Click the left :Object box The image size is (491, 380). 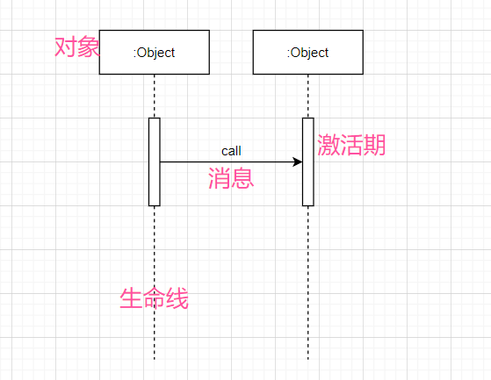click(155, 53)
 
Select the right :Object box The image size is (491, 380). click(308, 53)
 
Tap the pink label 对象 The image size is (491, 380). click(77, 47)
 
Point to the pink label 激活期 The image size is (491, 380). click(351, 145)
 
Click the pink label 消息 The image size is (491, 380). click(231, 178)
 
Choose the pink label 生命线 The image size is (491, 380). click(154, 298)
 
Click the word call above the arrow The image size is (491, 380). click(231, 151)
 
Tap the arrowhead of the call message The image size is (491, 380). click(298, 162)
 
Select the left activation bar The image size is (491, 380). click(155, 162)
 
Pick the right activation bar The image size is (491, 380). click(308, 162)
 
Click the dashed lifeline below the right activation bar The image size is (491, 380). click(308, 283)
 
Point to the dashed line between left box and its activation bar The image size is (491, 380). click(155, 96)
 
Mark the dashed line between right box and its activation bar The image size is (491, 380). click(308, 96)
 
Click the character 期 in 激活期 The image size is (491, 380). click(374, 145)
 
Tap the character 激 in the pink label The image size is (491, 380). click(329, 145)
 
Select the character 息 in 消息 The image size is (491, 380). click(242, 178)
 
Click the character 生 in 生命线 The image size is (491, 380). click(131, 298)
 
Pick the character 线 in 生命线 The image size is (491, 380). click(177, 298)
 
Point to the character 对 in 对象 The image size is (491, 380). click(66, 47)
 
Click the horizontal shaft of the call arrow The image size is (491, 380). click(227, 162)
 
